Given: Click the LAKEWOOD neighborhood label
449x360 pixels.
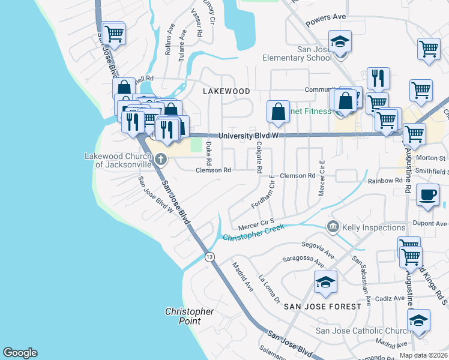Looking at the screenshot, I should coord(226,91).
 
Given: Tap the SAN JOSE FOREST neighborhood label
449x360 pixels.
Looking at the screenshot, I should coord(322,306).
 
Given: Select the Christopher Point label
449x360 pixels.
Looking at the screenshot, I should coord(189,316).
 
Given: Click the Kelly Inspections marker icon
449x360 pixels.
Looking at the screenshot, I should coord(333,227).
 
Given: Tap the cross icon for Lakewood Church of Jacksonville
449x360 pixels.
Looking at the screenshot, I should coord(160,159).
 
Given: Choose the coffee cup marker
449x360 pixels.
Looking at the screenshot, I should coord(427,194).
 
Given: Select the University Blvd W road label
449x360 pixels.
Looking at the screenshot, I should coord(249,136).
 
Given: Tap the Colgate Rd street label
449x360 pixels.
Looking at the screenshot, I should coord(259,158).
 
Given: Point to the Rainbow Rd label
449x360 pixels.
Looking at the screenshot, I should coord(385,181).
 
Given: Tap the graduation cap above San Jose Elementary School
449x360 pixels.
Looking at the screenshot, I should coord(340,41).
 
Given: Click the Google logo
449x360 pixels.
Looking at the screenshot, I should coord(20,353).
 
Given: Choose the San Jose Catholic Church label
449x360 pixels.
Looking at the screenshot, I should coord(364,331).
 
